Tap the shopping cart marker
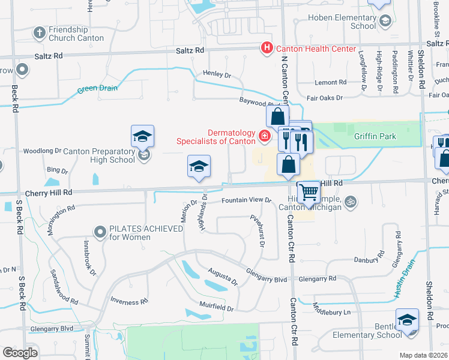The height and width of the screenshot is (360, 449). [309, 193]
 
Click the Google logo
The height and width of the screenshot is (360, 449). [20, 353]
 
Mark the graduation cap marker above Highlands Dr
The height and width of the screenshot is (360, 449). [199, 167]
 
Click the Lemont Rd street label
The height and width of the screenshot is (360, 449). [331, 82]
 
